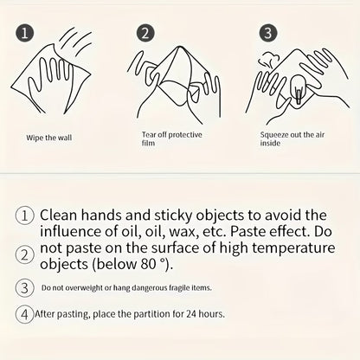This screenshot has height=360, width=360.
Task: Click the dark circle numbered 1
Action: tap(24, 33)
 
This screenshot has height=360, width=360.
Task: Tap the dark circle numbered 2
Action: tap(145, 33)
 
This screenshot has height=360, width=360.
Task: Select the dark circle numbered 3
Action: tap(268, 33)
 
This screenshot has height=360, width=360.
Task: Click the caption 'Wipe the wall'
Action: tap(49, 138)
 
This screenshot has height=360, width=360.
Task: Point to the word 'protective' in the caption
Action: tap(185, 135)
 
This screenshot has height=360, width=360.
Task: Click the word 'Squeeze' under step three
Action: tap(274, 135)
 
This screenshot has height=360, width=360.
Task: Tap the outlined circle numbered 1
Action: tap(25, 215)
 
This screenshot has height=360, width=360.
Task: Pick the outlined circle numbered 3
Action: tap(25, 287)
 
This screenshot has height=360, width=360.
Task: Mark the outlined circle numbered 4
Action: tap(25, 314)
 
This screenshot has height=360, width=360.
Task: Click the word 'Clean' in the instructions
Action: tap(59, 215)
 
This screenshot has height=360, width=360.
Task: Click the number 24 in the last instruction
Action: tap(191, 313)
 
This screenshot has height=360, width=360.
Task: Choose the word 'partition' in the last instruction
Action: tap(151, 314)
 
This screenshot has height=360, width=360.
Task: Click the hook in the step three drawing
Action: tap(298, 88)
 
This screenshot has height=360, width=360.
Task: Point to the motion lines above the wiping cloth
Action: tap(75, 41)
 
